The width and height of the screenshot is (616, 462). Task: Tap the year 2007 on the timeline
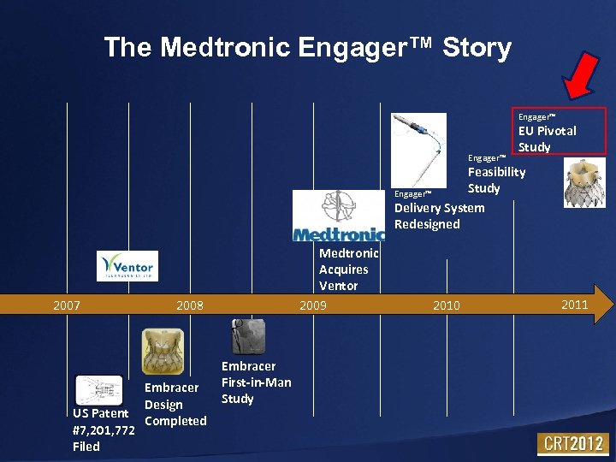coord(67,305)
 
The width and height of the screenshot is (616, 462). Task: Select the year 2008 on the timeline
coord(189,305)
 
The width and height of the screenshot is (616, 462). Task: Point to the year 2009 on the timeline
coord(312,305)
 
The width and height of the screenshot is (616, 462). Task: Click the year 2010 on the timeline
coord(446,305)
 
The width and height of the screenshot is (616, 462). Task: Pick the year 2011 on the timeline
coord(574,305)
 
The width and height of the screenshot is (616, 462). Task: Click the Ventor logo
coord(127,266)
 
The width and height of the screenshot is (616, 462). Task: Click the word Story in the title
coord(477,47)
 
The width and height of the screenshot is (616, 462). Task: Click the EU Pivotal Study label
coord(547,139)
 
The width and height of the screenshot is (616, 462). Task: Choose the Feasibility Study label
coord(496,180)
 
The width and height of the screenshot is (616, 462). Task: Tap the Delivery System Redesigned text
coord(439,216)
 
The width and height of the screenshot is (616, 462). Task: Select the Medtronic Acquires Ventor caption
coord(348,269)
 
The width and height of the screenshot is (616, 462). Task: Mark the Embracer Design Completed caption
coord(175,404)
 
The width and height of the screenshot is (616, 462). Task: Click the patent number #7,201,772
coord(104,429)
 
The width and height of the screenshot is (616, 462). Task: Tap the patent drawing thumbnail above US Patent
coord(99,390)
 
